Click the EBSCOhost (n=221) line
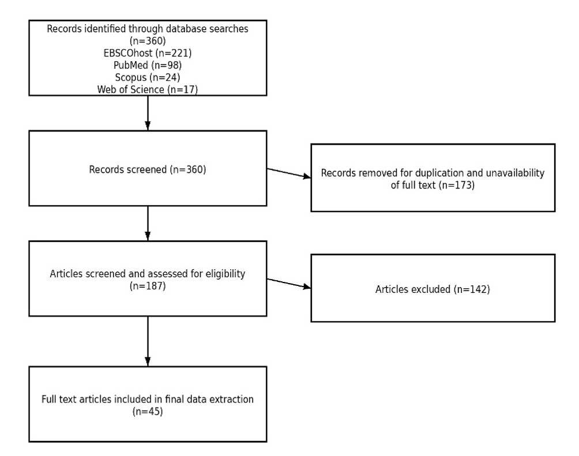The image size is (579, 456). coord(148,53)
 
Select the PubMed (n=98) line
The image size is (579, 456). coord(148,65)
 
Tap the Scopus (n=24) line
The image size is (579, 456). coord(148,77)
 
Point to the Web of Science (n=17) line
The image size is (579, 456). coord(148,89)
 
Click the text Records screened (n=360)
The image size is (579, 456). coord(148,170)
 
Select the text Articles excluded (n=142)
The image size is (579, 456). coord(433,289)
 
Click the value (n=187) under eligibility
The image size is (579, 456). coord(148,285)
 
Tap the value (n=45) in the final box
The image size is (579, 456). coord(148,411)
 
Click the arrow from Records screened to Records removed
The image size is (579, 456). coord(288,174)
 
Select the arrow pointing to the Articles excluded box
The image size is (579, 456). coord(288,284)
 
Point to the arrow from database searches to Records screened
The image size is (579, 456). coord(148,112)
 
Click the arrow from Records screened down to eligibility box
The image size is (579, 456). coord(148,223)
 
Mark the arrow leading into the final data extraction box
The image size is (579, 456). coord(148,341)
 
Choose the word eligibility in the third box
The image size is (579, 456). coord(224,274)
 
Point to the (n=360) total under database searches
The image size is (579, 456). coord(148,42)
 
